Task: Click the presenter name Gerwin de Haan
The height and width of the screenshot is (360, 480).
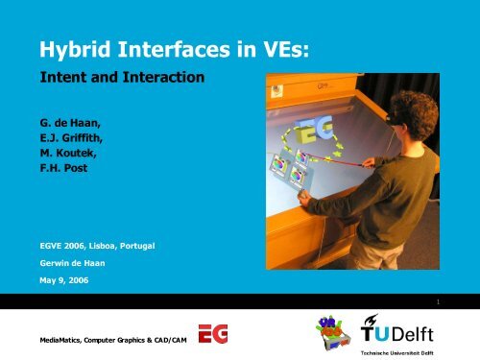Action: (76, 263)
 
